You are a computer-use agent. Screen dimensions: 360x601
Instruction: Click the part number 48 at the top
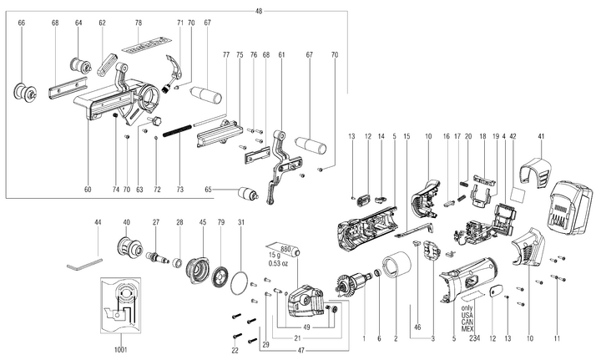pyautogui.click(x=259, y=10)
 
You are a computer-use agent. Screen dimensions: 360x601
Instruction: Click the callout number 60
pyautogui.click(x=87, y=189)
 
